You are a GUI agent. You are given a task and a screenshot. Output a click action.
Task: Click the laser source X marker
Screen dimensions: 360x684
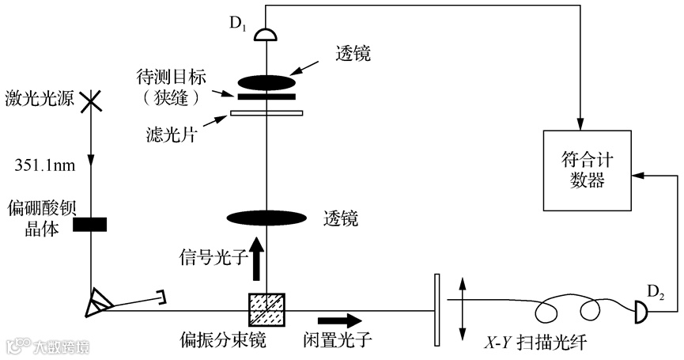point(92,101)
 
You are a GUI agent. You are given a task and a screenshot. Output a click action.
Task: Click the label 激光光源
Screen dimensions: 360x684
point(34,102)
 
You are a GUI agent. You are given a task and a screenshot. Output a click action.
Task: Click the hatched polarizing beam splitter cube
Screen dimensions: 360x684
point(262,307)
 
